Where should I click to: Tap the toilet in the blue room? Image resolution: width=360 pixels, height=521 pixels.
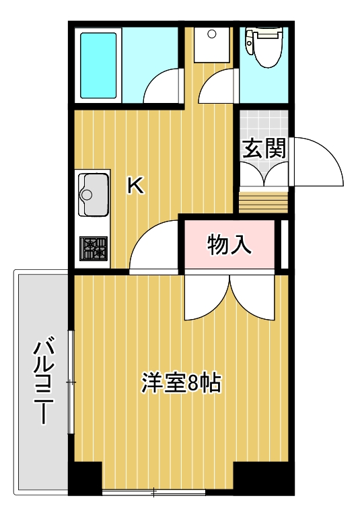pos(262,46)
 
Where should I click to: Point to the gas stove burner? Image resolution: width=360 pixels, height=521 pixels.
pos(94,248)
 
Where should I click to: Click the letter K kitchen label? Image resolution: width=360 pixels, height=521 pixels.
pos(135,185)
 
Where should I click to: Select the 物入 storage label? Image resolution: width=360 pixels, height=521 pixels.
pos(229,244)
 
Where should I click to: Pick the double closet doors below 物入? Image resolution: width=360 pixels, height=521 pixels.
pos(231,296)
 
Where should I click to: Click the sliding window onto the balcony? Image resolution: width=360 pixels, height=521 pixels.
pos(70,382)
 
